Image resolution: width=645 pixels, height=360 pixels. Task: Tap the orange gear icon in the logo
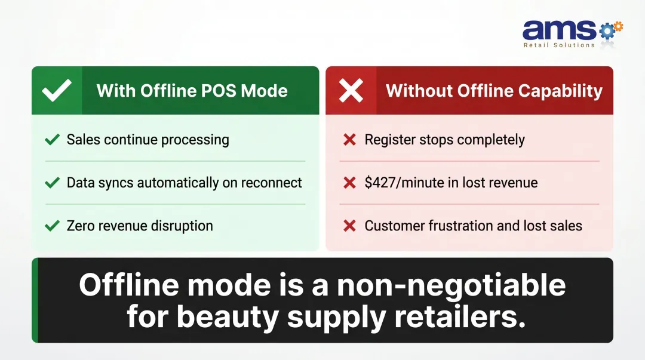618,26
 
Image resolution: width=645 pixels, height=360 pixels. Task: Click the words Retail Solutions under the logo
559,45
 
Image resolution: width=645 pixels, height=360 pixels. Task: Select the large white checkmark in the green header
57,91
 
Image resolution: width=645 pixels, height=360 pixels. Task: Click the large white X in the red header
351,91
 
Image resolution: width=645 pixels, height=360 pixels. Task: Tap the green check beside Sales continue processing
53,140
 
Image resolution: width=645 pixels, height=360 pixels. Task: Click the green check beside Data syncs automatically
53,183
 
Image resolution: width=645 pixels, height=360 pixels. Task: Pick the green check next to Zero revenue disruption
53,226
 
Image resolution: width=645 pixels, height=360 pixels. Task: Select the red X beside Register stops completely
349,140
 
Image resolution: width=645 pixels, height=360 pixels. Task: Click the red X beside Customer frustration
349,226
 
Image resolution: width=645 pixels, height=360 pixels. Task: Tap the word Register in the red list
391,140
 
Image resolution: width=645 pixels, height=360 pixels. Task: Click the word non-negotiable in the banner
451,285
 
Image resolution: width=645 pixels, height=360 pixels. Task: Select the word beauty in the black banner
228,316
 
